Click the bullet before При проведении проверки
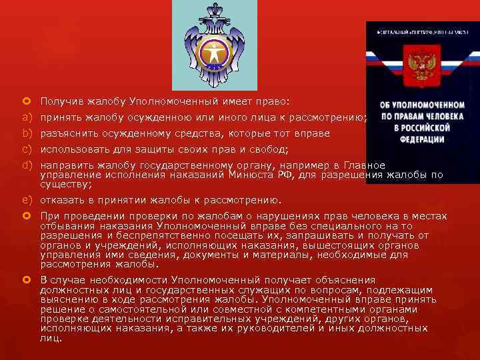point(27,216)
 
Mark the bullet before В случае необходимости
point(27,280)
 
